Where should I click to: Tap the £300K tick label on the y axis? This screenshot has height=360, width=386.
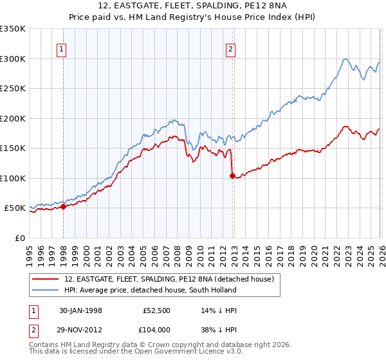tap(13, 59)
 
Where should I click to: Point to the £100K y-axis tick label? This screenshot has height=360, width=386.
tap(13, 178)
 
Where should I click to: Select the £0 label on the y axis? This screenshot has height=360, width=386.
tap(21, 238)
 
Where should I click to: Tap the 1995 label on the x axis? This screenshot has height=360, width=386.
tap(30, 251)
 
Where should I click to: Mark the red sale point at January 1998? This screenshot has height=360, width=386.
tap(64, 206)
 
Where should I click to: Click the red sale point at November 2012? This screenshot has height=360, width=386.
tap(232, 175)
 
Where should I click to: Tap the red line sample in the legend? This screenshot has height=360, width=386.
tap(46, 279)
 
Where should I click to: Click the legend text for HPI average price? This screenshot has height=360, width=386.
tap(151, 290)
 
